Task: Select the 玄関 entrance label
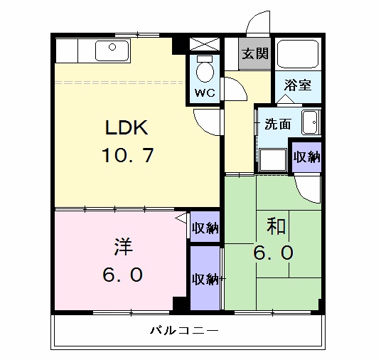click(254, 54)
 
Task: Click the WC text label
click(205, 92)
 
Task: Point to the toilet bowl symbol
click(205, 71)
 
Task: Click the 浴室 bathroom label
click(298, 85)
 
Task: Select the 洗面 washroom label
click(277, 124)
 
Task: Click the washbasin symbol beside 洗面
click(311, 122)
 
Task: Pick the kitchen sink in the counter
click(112, 50)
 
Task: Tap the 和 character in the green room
click(276, 226)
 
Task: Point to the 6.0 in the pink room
click(122, 274)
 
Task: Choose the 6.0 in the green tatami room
click(274, 253)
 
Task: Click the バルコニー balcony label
click(183, 331)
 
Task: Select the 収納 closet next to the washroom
click(306, 157)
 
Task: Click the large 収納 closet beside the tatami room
click(205, 278)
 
